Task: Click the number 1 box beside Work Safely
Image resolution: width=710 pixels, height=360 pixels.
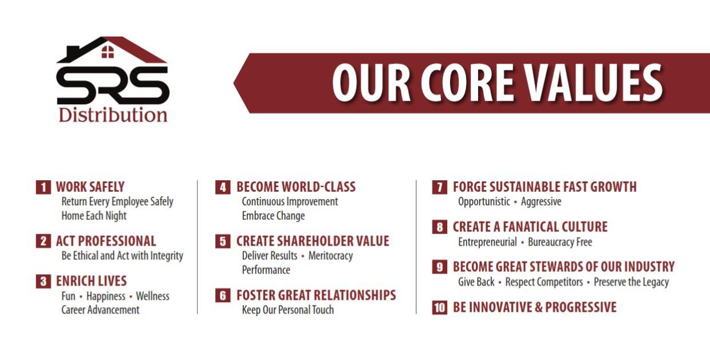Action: pos(44,187)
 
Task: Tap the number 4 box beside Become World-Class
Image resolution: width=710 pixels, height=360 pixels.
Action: pos(223,187)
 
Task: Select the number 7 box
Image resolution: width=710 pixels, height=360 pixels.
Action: pos(439,187)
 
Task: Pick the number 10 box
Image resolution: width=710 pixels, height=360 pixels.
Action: pos(439,307)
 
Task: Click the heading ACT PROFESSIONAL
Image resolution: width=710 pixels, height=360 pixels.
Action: pos(106,241)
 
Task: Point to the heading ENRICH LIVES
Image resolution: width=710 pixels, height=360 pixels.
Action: pos(91,281)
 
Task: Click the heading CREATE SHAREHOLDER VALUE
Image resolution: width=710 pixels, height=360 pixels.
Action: pos(313,241)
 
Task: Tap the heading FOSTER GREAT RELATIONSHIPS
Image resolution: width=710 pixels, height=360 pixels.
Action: pos(316,295)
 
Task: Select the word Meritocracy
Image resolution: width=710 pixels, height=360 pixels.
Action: pos(330,256)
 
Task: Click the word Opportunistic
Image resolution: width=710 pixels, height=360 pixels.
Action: pos(484,201)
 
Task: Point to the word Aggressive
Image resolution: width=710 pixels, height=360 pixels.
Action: pos(541,201)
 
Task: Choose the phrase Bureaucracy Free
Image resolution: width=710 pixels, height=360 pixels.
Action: pos(560,242)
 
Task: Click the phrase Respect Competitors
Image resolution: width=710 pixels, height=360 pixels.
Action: pos(544,282)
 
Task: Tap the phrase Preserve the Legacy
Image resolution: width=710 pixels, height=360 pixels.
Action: pos(631,282)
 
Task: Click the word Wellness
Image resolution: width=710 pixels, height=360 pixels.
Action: pos(152,296)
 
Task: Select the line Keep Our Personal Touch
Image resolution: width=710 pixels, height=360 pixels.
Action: pos(287,310)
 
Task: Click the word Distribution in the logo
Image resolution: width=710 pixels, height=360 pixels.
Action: pos(113,114)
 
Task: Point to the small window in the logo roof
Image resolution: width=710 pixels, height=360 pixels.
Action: pos(108,52)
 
